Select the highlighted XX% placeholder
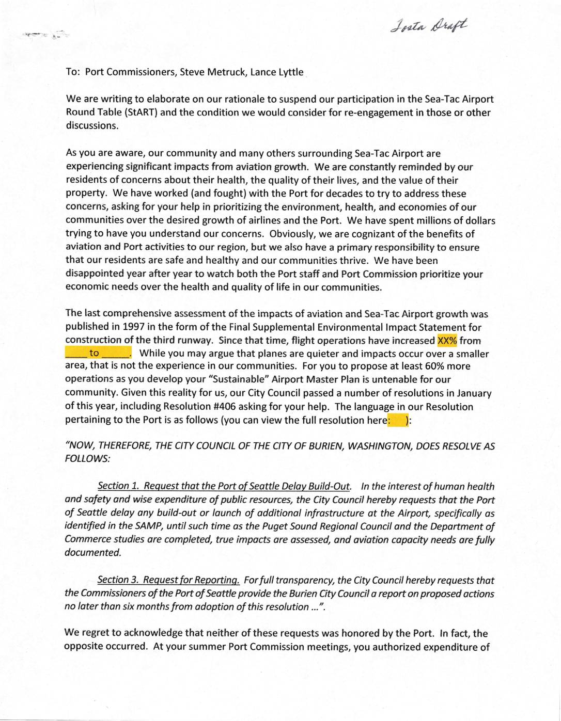[447, 341]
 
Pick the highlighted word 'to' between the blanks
[95, 354]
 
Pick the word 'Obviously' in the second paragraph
[288, 234]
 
